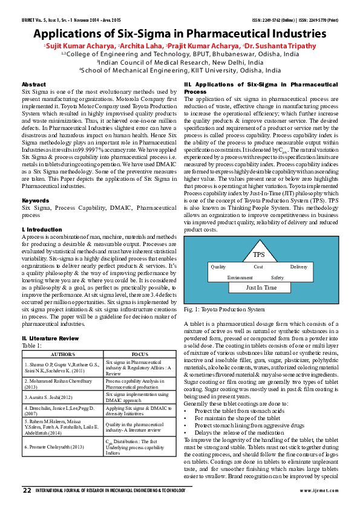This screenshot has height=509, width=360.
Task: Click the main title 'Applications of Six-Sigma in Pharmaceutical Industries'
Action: point(180,33)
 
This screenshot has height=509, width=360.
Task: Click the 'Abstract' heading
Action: point(33,84)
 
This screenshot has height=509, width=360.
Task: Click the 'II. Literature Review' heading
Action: point(50,338)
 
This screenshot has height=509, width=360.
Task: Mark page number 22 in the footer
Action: point(26,490)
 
